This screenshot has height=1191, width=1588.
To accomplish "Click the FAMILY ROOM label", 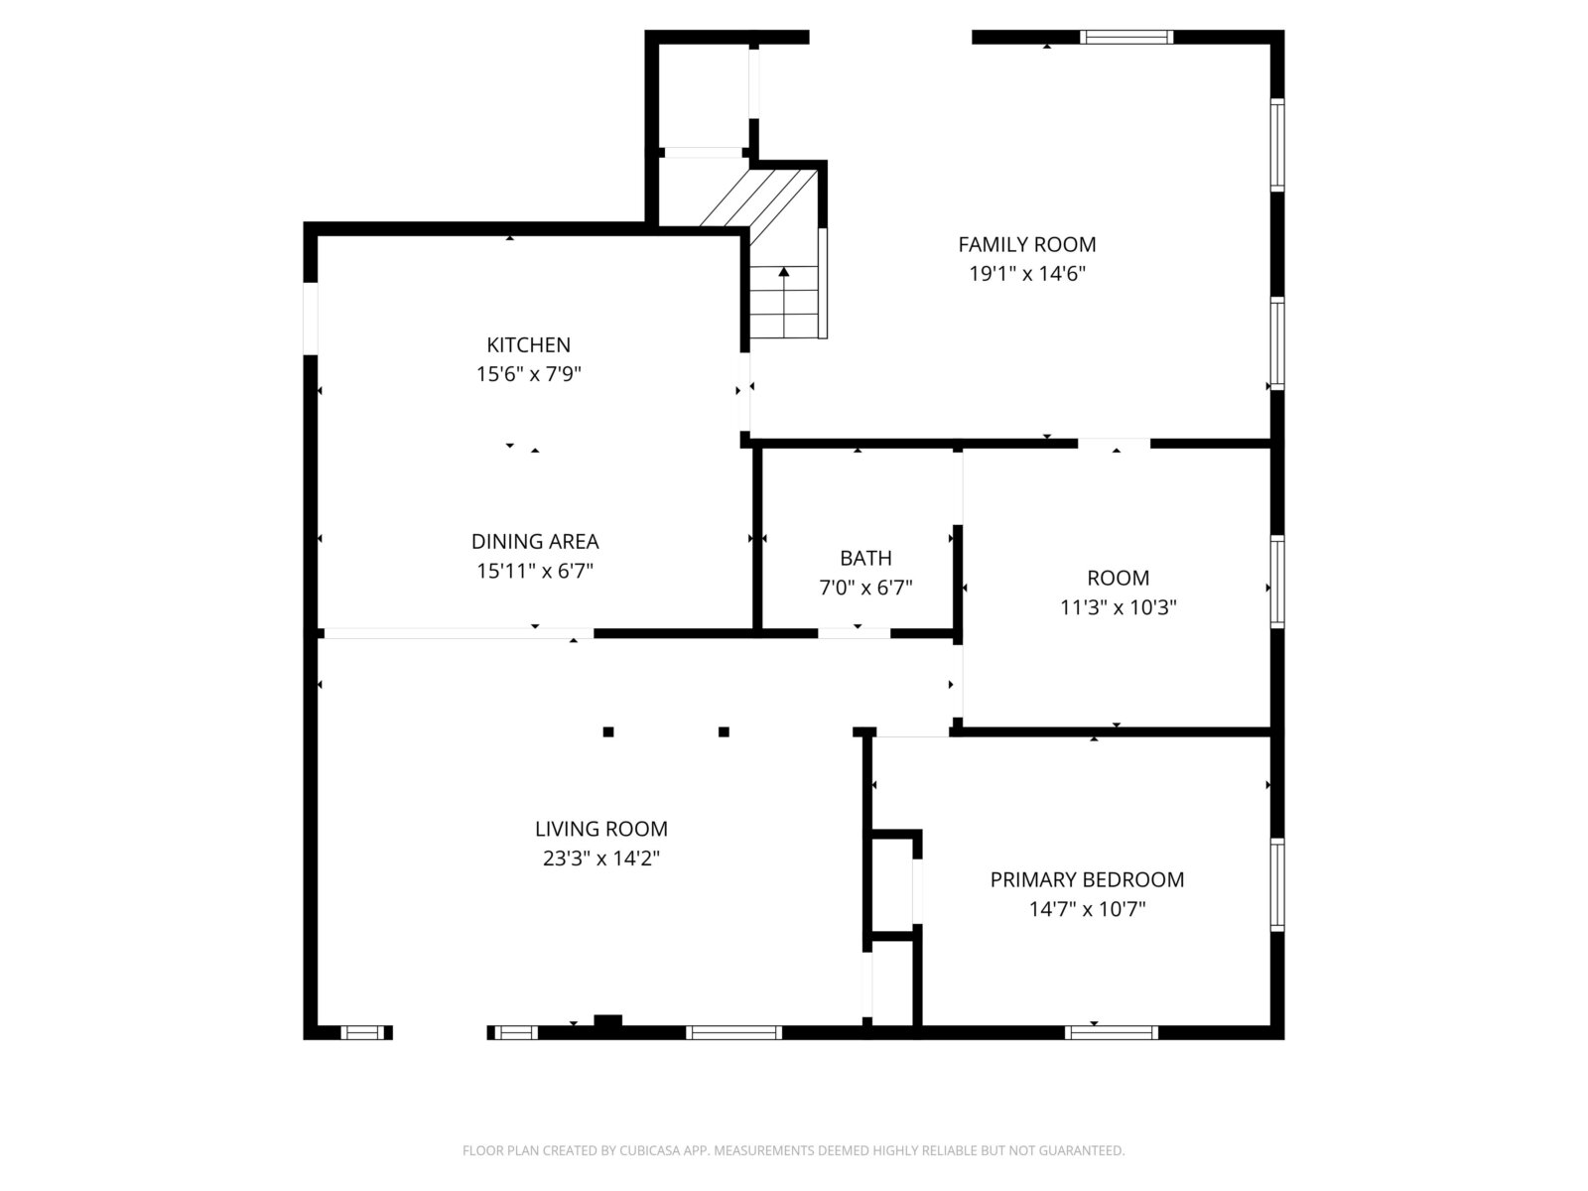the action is [1026, 244].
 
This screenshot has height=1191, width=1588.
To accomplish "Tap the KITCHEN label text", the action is [528, 345].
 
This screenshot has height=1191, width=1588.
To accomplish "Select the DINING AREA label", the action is [535, 542].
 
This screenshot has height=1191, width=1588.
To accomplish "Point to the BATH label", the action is [865, 558].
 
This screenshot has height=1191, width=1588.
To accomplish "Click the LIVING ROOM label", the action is [601, 829].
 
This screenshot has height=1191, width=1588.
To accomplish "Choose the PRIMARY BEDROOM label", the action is [1087, 880].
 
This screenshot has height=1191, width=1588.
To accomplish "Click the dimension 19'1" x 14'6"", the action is [1027, 274].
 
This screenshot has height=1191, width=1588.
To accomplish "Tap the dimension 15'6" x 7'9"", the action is [528, 374].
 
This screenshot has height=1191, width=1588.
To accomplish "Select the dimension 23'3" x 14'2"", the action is [601, 859].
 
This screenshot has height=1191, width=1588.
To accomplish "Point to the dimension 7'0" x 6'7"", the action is [865, 588].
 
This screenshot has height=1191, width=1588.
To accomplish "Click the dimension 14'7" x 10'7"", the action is [1088, 909].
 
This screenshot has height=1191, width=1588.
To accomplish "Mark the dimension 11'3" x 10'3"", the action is [1119, 607].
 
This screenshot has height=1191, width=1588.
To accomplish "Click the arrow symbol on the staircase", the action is [783, 303].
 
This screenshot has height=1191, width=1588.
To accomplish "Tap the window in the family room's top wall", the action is [1126, 37].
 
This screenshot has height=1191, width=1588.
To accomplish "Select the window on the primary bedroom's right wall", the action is [1277, 883].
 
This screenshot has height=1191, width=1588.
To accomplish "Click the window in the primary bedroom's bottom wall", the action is [1112, 1032].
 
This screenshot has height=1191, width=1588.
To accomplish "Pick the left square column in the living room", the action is [608, 731].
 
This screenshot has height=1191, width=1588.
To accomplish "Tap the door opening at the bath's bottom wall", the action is [854, 633].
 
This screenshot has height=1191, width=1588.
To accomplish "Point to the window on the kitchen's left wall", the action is [311, 319].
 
